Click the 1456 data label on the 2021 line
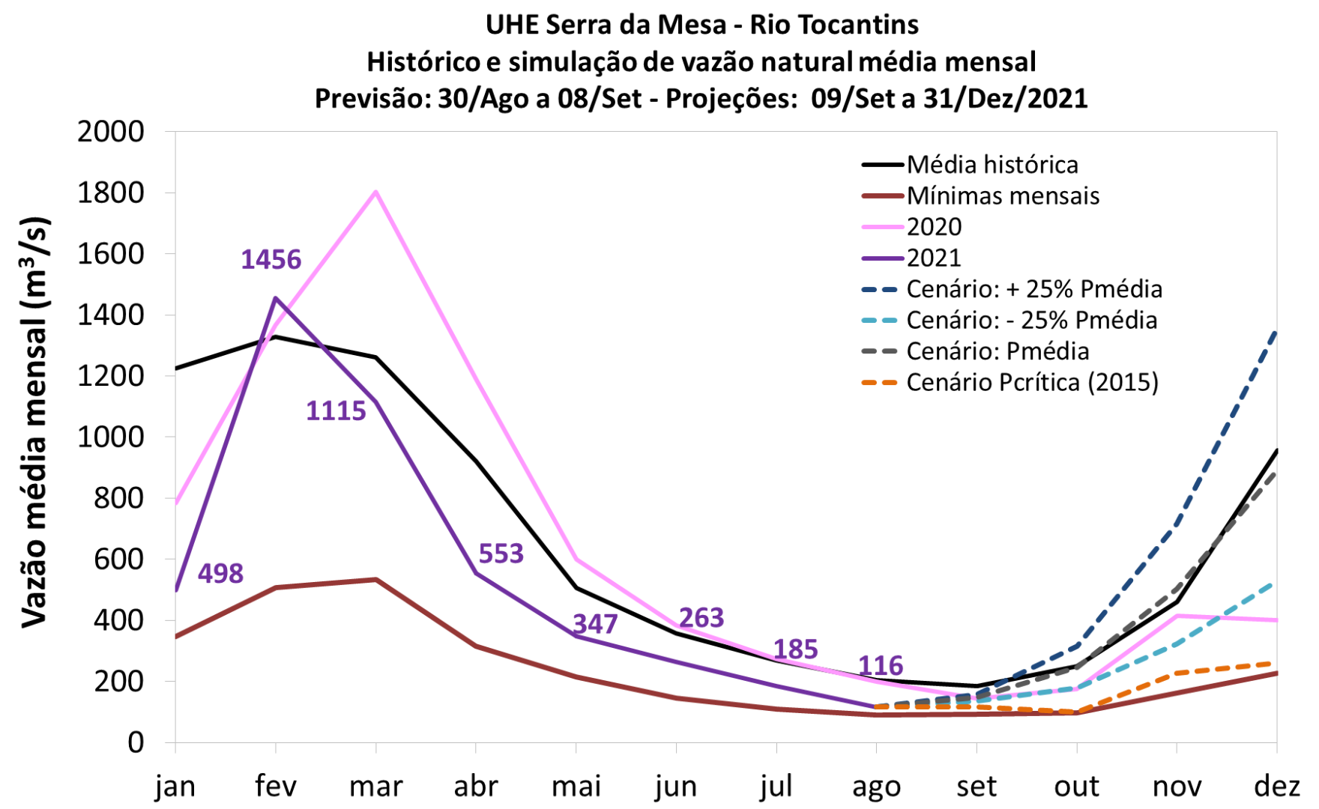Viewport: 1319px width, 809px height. click(271, 260)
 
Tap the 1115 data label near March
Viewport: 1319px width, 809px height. click(336, 411)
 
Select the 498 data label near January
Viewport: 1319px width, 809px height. click(220, 574)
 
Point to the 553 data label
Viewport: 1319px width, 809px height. click(501, 554)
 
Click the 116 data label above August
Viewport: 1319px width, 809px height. click(881, 665)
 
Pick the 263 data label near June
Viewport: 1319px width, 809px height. click(701, 618)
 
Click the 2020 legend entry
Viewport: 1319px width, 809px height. click(934, 227)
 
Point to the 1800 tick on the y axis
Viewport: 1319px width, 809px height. click(111, 193)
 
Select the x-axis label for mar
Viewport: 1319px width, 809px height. click(375, 787)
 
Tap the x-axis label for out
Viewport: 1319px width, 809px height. click(1076, 787)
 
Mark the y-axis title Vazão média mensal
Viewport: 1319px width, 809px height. click(34, 422)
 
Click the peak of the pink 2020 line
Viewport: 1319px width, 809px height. click(375, 192)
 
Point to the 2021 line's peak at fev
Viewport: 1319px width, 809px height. click(276, 298)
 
